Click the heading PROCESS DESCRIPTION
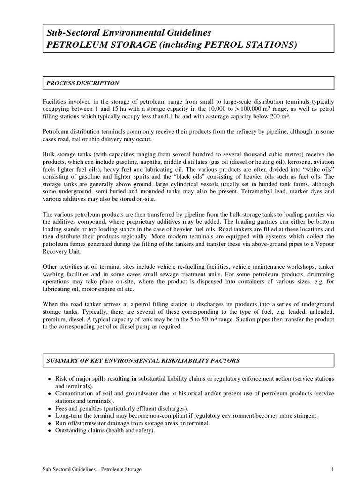82,83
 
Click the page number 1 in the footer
332,469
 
